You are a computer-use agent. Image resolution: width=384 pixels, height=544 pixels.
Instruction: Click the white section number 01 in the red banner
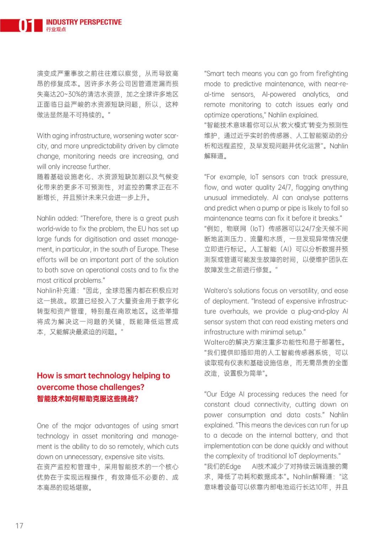click(26, 25)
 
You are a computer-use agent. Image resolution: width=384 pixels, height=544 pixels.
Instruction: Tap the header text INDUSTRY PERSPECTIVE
click(84, 22)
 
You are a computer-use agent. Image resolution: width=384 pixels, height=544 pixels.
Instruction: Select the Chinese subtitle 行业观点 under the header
click(56, 30)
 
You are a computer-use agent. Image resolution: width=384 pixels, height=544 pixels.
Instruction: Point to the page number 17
click(20, 526)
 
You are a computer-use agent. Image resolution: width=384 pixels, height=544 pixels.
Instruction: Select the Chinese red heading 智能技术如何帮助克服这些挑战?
click(87, 399)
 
